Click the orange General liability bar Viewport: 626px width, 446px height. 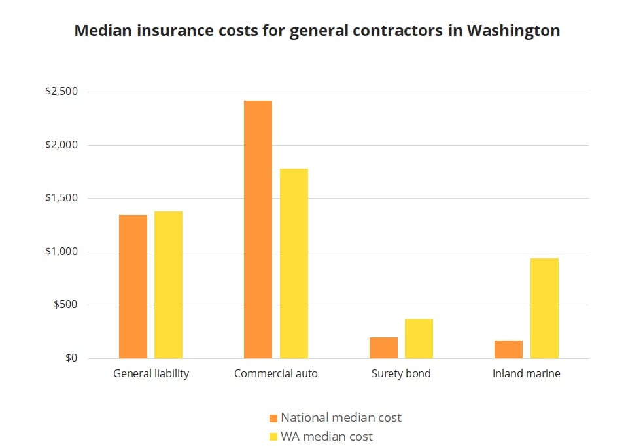point(133,286)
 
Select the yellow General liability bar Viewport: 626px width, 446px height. point(168,284)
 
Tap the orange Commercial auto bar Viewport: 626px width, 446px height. point(258,230)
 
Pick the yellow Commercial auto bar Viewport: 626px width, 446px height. point(294,264)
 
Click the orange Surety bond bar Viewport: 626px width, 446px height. point(383,348)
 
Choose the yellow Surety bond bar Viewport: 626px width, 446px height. point(419,339)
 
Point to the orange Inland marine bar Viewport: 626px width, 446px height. point(508,349)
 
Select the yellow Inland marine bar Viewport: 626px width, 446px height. point(544,308)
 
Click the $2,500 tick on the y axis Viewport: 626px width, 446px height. point(61,92)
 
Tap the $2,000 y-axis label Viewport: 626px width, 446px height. point(61,145)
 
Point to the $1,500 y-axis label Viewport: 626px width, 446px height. point(61,198)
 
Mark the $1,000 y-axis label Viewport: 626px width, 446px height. point(61,252)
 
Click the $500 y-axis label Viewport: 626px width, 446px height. point(65,305)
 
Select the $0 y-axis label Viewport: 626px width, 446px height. point(71,358)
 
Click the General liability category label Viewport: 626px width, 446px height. point(151,374)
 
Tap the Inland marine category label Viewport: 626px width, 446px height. point(527,374)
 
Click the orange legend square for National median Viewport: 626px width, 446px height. point(273,418)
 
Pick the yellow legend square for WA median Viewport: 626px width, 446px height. point(273,436)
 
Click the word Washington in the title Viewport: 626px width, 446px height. point(513,31)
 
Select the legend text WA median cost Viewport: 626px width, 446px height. point(327,436)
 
